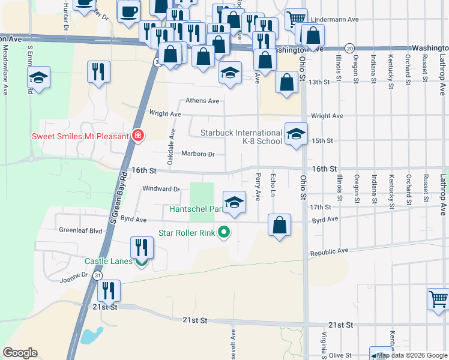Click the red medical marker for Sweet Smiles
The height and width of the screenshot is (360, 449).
click(139, 136)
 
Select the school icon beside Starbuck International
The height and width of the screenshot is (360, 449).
click(295, 134)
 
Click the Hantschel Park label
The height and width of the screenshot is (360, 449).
click(195, 208)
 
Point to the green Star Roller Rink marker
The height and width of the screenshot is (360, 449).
click(224, 232)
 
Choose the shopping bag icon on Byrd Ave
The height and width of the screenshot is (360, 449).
click(280, 226)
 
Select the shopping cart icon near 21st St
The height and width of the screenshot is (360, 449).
click(438, 298)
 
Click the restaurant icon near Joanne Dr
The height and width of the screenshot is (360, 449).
click(109, 291)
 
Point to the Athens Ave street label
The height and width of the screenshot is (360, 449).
click(202, 101)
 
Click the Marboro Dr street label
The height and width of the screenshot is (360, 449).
click(197, 154)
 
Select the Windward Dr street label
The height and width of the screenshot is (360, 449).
click(161, 188)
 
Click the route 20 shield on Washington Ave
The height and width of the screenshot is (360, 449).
click(350, 48)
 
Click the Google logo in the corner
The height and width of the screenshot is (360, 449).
click(20, 353)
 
